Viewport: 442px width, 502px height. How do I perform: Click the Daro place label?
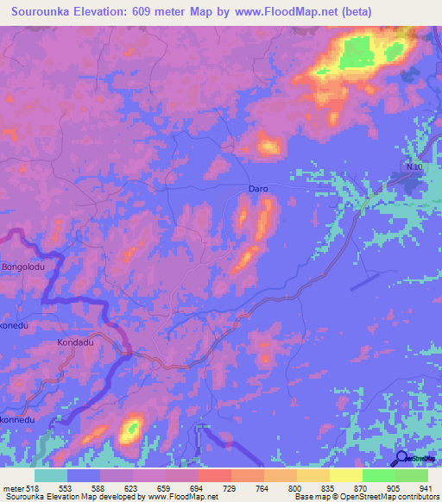coord(258,188)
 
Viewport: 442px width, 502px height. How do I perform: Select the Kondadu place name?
coord(75,342)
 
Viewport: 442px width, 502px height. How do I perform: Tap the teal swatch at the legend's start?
coord(51,475)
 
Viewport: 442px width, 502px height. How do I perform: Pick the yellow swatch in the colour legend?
coord(345,475)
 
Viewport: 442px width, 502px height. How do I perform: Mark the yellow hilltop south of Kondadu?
coord(132,427)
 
